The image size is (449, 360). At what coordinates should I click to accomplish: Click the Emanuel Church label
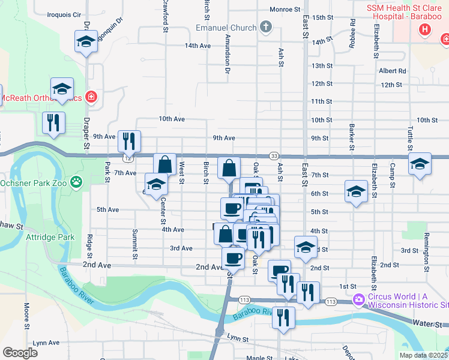point(226,28)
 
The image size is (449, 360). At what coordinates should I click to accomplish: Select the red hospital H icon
point(426,29)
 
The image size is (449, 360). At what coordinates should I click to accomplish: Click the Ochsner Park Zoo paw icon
point(76,181)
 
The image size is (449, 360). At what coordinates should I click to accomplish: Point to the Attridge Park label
point(50,237)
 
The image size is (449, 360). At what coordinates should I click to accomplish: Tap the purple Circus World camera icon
point(359,299)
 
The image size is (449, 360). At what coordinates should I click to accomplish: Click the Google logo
point(19,353)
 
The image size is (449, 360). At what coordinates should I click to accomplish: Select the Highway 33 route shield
point(274,156)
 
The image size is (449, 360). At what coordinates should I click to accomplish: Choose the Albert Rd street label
point(393,71)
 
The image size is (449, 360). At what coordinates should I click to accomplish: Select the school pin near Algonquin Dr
point(86,42)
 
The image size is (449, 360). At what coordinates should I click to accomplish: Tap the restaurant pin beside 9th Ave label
point(129,142)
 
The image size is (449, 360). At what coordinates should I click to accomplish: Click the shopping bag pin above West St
point(164,166)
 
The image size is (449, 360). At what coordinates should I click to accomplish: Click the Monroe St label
point(285,10)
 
